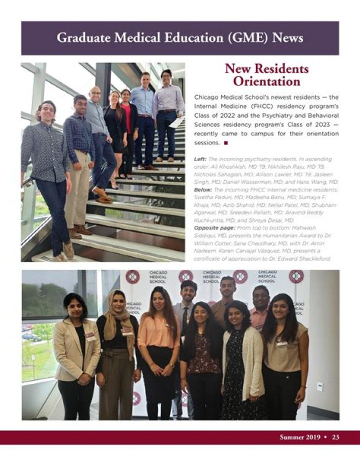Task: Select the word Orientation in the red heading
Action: pos(266,81)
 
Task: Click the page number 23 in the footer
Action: pos(335,437)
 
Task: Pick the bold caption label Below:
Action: pos(202,189)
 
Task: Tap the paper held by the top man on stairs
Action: pos(175,122)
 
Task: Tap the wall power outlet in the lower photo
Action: pos(319,386)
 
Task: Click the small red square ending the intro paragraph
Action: pos(226,143)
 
